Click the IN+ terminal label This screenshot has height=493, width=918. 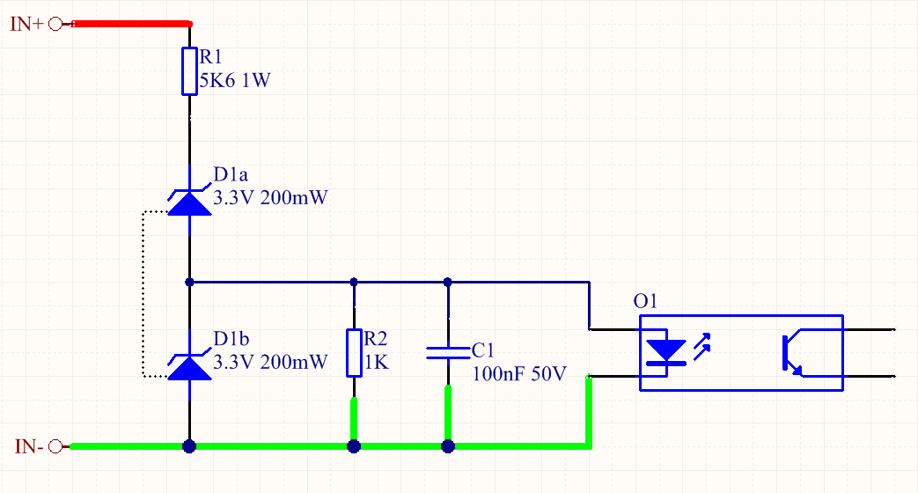[26, 25]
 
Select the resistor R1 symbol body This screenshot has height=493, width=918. [189, 71]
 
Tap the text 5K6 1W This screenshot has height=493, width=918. [234, 81]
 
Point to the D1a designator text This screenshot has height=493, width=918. [231, 174]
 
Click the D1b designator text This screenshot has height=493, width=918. [231, 339]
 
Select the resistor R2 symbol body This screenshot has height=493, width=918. [354, 352]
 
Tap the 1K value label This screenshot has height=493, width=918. [375, 361]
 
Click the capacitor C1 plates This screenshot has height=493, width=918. [448, 353]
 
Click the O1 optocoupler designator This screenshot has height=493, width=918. [645, 302]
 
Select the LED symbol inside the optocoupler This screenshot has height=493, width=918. [665, 350]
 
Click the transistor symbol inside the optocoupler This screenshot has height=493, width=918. [791, 353]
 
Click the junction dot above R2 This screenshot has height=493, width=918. [354, 283]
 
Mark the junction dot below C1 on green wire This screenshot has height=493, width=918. [448, 446]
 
